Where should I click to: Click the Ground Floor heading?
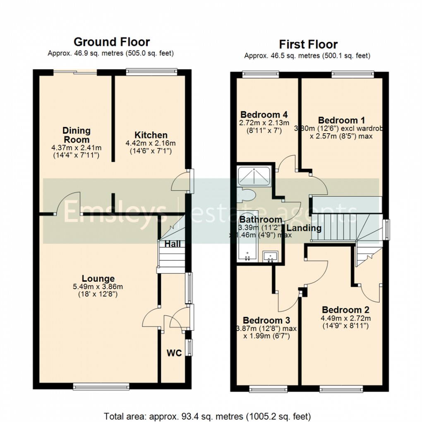(x=111, y=42)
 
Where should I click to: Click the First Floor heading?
(x=308, y=44)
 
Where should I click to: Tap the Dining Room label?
(x=77, y=134)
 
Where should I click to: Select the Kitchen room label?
(x=151, y=135)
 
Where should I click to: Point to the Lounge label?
(x=98, y=278)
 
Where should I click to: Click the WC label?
(x=174, y=353)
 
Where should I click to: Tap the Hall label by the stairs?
(x=173, y=244)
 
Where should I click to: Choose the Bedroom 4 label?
(x=264, y=115)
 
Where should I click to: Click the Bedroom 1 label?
(x=341, y=120)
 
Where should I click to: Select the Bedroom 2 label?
(x=345, y=310)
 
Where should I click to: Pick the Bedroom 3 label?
(x=266, y=320)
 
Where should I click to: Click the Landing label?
(x=304, y=228)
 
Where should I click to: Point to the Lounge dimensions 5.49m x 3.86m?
(x=98, y=287)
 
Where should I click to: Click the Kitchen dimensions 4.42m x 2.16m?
(x=151, y=144)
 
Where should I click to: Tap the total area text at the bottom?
(x=211, y=415)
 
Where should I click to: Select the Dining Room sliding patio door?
(x=75, y=72)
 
